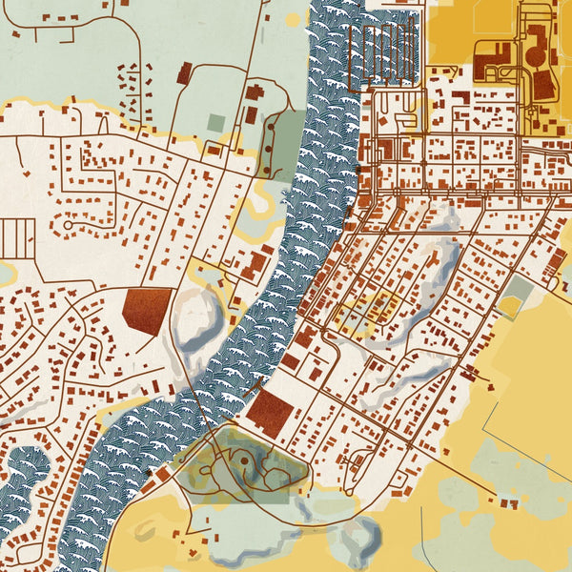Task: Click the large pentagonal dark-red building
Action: click(x=148, y=309)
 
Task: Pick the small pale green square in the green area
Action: click(x=216, y=123)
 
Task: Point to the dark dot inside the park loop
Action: click(x=245, y=461)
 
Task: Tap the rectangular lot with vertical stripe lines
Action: click(x=17, y=238)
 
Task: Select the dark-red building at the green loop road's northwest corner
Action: click(x=184, y=73)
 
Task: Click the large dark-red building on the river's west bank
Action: click(x=257, y=263)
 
